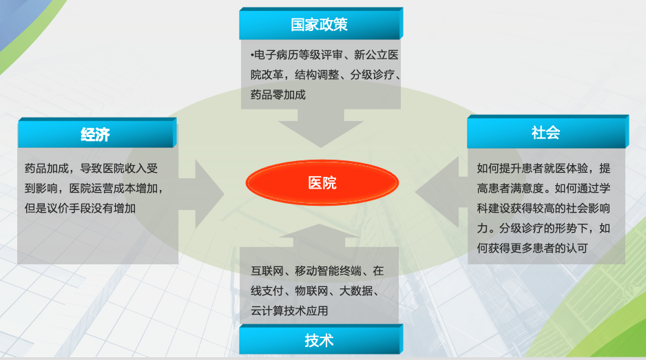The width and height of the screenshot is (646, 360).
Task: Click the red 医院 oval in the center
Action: click(322, 184)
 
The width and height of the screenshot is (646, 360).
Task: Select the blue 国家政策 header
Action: click(320, 25)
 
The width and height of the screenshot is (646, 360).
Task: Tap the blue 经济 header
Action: click(96, 134)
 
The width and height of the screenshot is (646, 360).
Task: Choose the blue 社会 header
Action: click(546, 132)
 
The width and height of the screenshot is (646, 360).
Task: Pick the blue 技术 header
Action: click(320, 340)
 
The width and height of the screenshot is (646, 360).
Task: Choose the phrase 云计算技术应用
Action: click(289, 310)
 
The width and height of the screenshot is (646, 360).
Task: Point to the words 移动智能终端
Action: click(329, 271)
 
